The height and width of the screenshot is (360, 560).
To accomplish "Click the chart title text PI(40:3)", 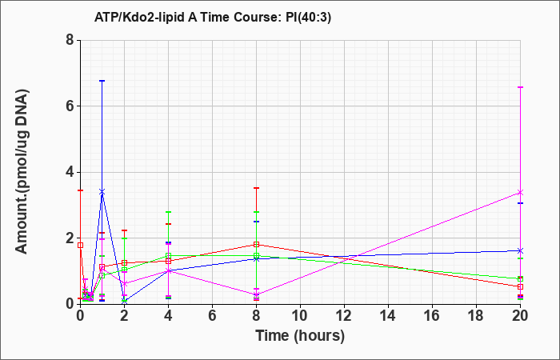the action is coord(309,17).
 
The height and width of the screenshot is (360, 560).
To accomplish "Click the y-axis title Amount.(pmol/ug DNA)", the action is coord(22,172).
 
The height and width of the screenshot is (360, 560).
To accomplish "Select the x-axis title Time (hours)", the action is coord(300,336).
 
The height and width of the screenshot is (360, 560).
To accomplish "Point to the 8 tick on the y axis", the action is coord(70,40).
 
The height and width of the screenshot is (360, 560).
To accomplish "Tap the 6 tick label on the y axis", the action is coord(70,106).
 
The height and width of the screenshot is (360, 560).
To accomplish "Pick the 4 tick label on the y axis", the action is coord(70,172).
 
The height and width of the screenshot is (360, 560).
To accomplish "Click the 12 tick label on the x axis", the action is coord(344,316).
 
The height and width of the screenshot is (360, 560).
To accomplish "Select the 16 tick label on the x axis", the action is coord(432,316).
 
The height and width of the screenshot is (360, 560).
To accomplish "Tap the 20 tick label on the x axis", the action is coord(520,316).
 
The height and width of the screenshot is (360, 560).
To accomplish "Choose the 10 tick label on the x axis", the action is coord(300,316).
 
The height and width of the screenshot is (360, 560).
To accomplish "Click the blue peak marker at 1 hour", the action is coord(102,192).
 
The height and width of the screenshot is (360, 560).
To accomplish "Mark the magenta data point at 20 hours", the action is coord(520,193).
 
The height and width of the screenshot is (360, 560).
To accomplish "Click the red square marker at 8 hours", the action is coord(256,244).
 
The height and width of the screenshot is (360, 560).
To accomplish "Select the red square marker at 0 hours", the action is coord(80,245).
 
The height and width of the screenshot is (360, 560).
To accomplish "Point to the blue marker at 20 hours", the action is coord(520,250).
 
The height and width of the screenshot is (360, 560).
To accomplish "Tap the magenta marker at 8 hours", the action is coord(256,295).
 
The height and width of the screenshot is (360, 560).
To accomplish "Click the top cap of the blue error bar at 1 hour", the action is coord(102,81).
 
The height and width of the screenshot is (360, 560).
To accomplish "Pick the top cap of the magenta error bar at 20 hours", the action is coord(520,87).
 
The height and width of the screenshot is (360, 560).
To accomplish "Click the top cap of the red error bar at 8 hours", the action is coord(256,188).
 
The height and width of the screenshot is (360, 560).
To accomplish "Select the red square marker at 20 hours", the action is coord(520,286).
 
